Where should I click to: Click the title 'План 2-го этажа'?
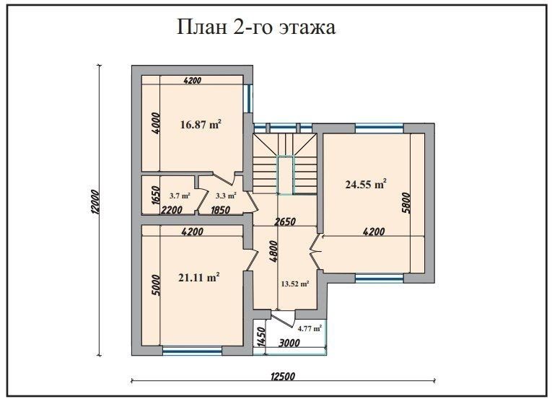[x=256, y=27]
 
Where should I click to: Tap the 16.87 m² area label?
[x=201, y=124]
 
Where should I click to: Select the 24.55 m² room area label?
[x=366, y=184]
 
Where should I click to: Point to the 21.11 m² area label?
[x=199, y=277]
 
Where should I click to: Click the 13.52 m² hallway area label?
[x=295, y=284]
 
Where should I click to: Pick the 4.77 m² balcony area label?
[x=310, y=328]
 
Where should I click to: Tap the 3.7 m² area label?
[x=180, y=196]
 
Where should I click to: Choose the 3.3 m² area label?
[x=226, y=196]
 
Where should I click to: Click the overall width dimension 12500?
[x=283, y=376]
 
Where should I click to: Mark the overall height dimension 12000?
[x=95, y=202]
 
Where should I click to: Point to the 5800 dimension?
[x=406, y=203]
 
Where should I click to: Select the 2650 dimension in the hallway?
[x=285, y=222]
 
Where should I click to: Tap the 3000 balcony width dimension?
[x=289, y=343]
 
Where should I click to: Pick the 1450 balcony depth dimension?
[x=261, y=337]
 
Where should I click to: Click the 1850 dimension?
[x=220, y=210]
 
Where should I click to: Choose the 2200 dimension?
[x=172, y=210]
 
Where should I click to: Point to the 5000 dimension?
[x=157, y=285]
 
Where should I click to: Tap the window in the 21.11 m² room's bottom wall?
[x=192, y=351]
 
